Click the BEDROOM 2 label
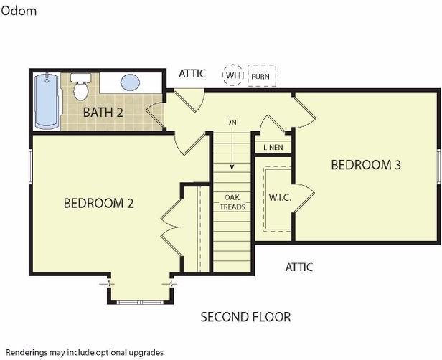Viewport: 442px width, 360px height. point(99,203)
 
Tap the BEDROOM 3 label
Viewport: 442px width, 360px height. point(366,165)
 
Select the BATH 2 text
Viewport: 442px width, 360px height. point(103,113)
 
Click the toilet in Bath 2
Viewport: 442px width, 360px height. point(81,87)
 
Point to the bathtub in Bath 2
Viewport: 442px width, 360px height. point(47,101)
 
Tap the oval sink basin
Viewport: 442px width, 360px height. point(131,82)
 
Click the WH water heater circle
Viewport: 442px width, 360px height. point(233,75)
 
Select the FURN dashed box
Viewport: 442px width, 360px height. point(262,76)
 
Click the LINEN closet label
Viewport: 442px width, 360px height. point(273,147)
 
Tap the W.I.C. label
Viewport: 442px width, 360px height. point(280,197)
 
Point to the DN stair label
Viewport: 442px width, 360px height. point(231,123)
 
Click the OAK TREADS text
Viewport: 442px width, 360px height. point(232,202)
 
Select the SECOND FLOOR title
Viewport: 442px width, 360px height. point(245,317)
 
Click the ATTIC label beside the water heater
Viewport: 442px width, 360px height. point(192,74)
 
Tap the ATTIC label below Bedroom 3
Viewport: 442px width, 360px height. point(299,267)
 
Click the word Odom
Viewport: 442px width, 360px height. point(19,11)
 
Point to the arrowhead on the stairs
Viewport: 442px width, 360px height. point(232,167)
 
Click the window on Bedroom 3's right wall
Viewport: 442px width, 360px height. point(439,167)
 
